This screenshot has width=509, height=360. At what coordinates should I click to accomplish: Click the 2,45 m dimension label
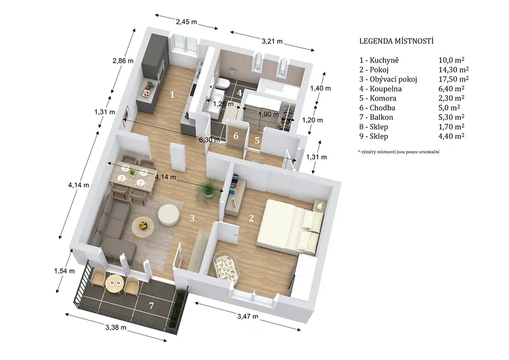pos(186,22)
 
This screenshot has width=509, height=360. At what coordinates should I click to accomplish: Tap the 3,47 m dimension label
pos(248,316)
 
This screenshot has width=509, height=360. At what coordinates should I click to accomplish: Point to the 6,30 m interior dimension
pos(209,140)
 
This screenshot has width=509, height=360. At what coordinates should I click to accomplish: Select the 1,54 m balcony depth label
pos(64,270)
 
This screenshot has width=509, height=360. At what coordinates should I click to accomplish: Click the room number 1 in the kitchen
pos(172,94)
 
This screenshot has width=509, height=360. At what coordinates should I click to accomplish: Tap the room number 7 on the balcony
pos(151,305)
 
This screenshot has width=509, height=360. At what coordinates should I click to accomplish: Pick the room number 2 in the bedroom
pos(251,218)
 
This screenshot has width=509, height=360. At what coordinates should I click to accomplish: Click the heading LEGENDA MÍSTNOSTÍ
pos(396,41)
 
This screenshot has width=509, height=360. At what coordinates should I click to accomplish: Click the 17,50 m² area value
pos(453,79)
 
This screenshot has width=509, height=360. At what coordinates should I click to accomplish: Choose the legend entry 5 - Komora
pos(378,98)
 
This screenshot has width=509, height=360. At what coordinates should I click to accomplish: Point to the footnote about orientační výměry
pos(399,152)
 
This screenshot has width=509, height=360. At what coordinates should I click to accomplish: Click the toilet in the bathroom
pos(223,83)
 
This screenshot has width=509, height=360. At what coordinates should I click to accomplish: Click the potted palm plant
pos(207,187)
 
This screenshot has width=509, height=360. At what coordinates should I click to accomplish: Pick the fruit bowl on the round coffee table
pos(143,224)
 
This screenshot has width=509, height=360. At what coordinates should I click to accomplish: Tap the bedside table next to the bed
pos(319,205)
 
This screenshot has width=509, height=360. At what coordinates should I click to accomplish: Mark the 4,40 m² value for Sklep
pos(451,136)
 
